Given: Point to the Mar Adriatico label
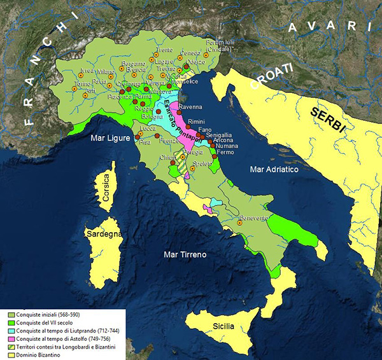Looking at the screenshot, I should (274, 170).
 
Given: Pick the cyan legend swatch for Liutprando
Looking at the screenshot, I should (12, 329).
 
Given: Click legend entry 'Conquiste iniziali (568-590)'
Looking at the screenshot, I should (51, 314).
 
